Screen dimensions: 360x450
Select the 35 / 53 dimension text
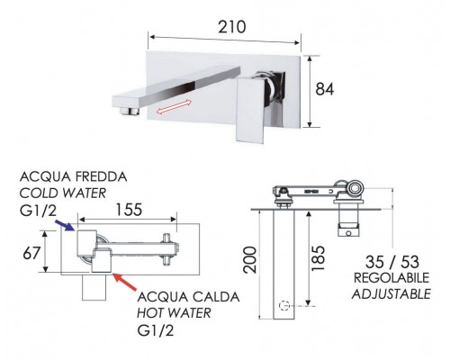click(391, 260)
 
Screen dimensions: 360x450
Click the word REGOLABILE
click(391, 277)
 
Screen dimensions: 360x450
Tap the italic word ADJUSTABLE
click(391, 293)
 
